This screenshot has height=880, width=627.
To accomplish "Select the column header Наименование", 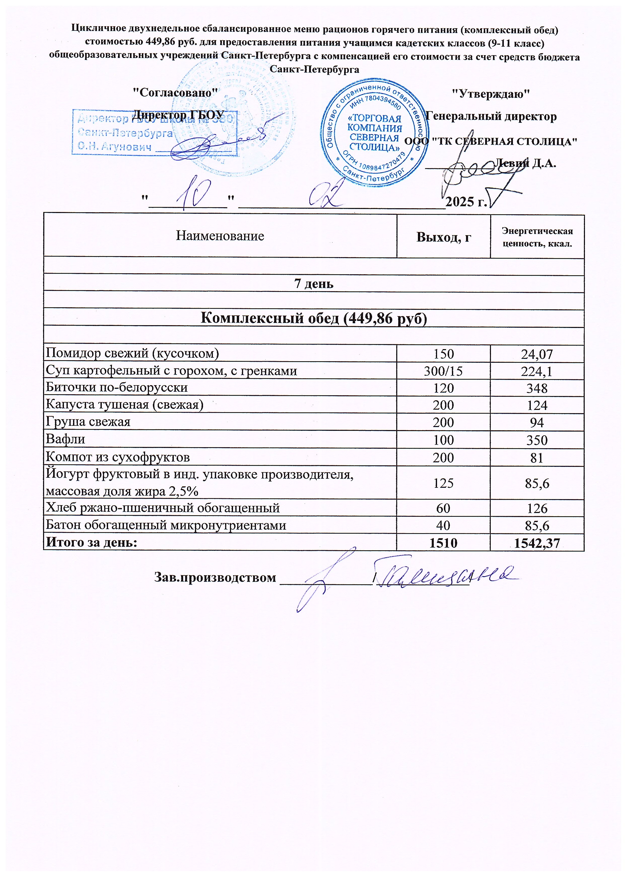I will tap(220, 236).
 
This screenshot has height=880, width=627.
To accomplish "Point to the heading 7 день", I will tap(313, 284).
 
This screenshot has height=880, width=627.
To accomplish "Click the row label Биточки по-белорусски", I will tap(117, 387).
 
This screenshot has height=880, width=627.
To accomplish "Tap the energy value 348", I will tap(537, 388).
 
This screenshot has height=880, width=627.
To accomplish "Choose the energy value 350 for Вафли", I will tap(537, 440).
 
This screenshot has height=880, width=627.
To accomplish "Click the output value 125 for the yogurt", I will tap(443, 483).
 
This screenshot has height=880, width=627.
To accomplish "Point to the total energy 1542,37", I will tap(537, 543).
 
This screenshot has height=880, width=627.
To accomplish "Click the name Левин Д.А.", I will tap(525, 163).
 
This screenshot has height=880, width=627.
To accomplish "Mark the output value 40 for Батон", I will tap(443, 525).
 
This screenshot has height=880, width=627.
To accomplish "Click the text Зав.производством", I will tap(215, 578).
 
